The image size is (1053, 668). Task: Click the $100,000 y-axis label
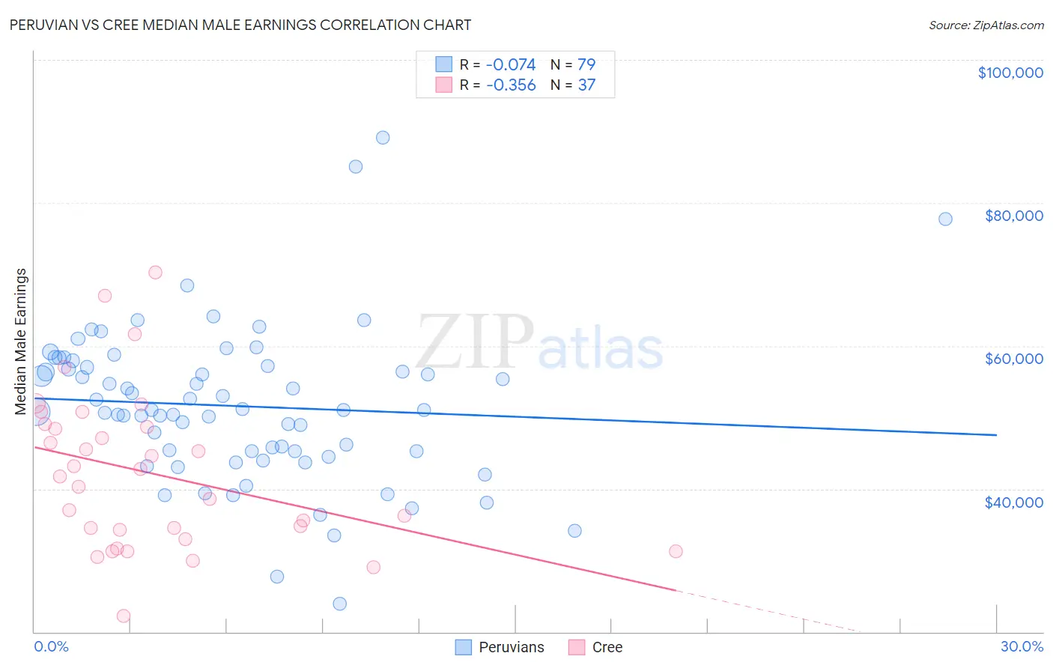[x=1010, y=73]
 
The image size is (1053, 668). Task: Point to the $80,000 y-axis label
[x=1013, y=216]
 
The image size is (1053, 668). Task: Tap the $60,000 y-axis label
[x=1013, y=359]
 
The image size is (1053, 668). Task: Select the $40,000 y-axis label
[x=1013, y=502]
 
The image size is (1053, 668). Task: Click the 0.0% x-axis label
[x=51, y=646]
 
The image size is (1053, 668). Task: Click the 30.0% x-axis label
[x=1022, y=646]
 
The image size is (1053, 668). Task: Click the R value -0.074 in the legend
[x=511, y=64]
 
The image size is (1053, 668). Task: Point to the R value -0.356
[x=511, y=85]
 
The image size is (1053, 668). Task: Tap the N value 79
[x=586, y=64]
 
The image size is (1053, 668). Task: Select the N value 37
[x=586, y=85]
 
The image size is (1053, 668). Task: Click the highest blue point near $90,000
[x=383, y=138]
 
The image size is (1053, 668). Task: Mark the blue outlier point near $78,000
[x=945, y=219]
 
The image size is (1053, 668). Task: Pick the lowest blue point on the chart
[x=339, y=604]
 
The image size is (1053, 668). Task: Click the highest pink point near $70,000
[x=155, y=273]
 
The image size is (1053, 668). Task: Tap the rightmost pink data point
[x=676, y=551]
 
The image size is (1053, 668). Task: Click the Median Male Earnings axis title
[x=20, y=341]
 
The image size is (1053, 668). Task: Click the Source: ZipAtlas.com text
[x=986, y=25]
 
